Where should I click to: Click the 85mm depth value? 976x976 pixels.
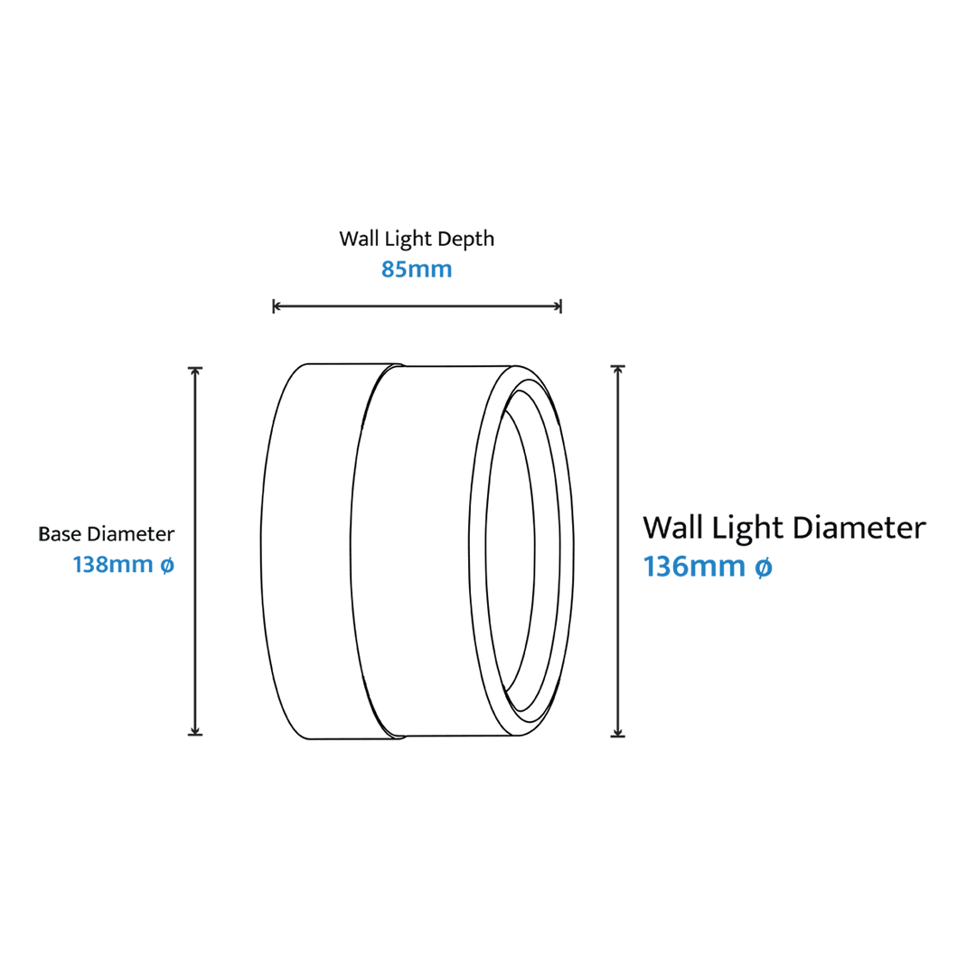pyautogui.click(x=417, y=269)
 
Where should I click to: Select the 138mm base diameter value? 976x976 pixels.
pyautogui.click(x=113, y=565)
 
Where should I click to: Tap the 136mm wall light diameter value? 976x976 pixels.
pyautogui.click(x=694, y=567)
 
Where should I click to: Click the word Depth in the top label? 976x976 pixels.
pyautogui.click(x=465, y=239)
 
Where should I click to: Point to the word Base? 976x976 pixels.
pyautogui.click(x=61, y=534)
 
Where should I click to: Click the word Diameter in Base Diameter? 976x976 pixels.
pyautogui.click(x=131, y=534)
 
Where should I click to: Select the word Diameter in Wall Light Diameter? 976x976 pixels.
pyautogui.click(x=859, y=528)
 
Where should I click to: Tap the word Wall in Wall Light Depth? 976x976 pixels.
pyautogui.click(x=359, y=239)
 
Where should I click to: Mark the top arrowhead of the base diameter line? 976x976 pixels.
pyautogui.click(x=195, y=371)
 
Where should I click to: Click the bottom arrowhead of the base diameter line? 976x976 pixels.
pyautogui.click(x=195, y=731)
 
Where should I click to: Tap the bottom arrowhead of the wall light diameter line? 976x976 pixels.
pyautogui.click(x=617, y=732)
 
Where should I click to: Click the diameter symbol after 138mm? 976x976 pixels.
pyautogui.click(x=167, y=565)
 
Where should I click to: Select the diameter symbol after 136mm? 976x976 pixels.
pyautogui.click(x=764, y=567)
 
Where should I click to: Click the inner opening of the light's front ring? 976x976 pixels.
pyautogui.click(x=511, y=551)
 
